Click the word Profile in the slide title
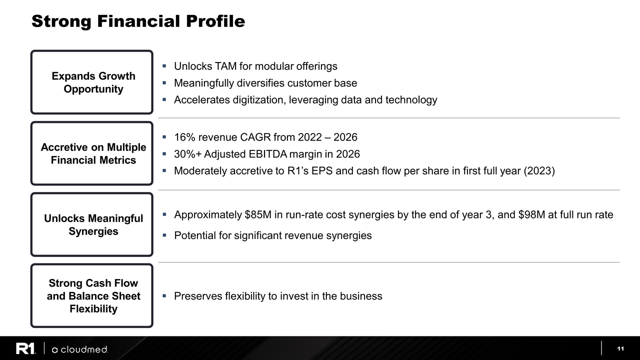click(x=215, y=21)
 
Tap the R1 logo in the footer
click(x=25, y=348)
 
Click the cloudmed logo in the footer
click(x=79, y=349)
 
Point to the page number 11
click(x=620, y=348)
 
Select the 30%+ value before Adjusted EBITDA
click(x=187, y=154)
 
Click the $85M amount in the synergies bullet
click(x=258, y=215)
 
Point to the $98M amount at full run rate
click(x=531, y=215)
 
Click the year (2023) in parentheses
click(x=539, y=171)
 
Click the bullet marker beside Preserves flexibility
click(x=164, y=295)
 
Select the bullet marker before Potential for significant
click(x=164, y=235)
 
